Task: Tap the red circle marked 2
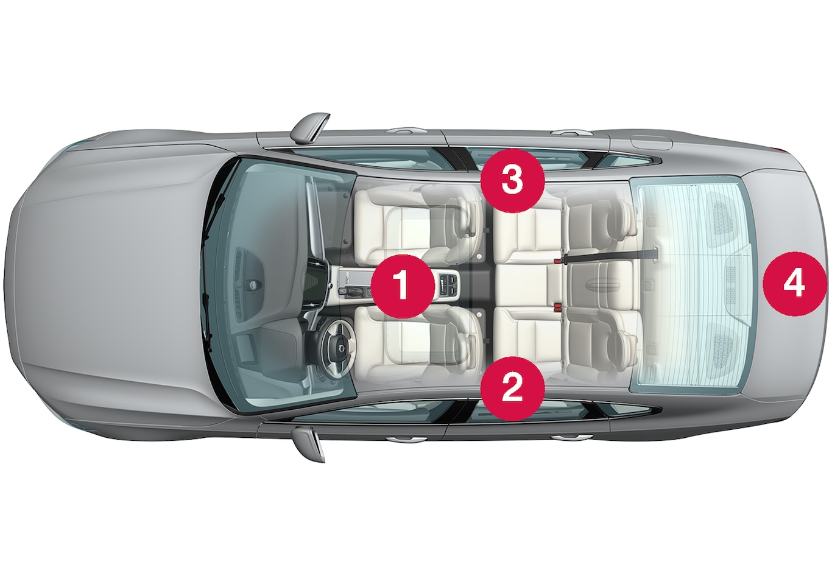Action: point(513,389)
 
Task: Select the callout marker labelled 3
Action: point(513,181)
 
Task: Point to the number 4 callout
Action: point(795,284)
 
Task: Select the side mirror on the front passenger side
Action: point(309,128)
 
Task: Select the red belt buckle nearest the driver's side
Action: point(557,307)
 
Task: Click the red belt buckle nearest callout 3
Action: point(557,261)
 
